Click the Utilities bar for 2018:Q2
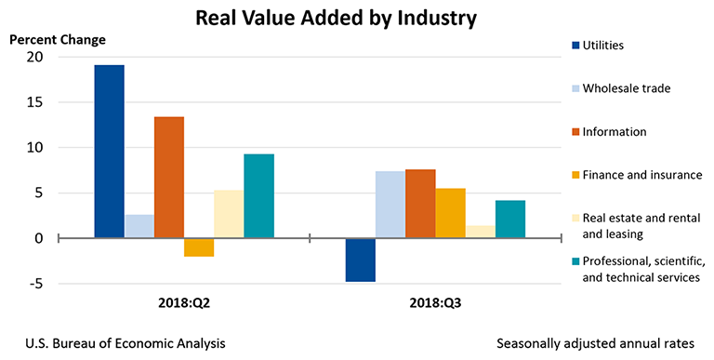[109, 152]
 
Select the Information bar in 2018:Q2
[169, 178]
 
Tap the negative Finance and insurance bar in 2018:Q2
[199, 247]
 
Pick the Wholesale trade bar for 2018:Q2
[139, 227]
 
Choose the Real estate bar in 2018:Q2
[229, 215]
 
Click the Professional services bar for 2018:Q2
[258, 196]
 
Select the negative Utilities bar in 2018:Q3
[360, 260]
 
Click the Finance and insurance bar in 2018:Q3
[450, 213]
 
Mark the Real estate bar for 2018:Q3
[480, 232]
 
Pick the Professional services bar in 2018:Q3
[510, 220]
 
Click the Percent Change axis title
[58, 39]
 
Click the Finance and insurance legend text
[641, 174]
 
